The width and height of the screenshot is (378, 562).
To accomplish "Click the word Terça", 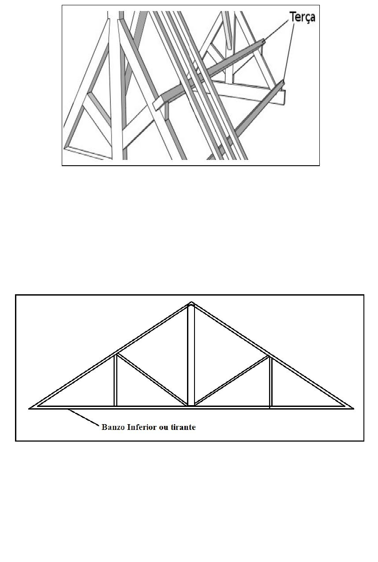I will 302,18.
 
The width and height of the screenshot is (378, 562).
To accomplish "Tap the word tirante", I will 183,427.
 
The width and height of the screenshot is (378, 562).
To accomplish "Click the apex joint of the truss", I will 191,304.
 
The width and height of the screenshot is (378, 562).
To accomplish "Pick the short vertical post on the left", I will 116,380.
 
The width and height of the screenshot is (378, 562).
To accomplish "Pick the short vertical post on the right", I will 270,381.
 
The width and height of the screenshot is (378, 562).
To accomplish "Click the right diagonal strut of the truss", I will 232,380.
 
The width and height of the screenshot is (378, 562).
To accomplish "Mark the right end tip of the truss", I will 352,408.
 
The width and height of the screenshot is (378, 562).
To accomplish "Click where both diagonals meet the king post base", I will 191,404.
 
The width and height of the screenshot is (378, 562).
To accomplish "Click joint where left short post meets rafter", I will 116,354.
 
